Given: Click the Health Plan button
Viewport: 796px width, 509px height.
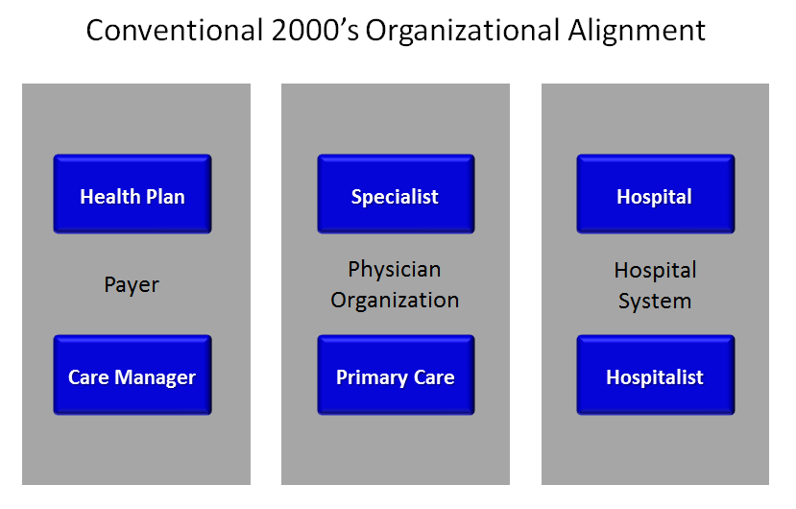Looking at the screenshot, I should pos(133,195).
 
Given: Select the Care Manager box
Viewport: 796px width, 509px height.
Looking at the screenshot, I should pos(133,376).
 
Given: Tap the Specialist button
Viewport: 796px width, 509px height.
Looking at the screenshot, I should pos(395,195).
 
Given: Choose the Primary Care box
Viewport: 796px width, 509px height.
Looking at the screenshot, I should pos(395,376).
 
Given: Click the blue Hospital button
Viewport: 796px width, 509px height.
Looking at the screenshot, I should pos(655,195).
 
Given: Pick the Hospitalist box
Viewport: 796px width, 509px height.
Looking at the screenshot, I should pos(655,376).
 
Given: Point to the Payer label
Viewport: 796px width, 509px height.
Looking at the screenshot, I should pos(132,284).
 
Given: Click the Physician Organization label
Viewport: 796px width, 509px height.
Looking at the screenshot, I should pos(395,284).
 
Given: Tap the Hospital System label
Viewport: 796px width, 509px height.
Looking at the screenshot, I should pos(655,285).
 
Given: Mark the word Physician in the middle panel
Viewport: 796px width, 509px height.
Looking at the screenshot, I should pos(395,269).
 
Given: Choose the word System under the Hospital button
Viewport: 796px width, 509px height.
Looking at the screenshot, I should pos(655,301).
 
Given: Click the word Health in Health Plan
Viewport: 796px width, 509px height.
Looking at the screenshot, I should pos(109,196).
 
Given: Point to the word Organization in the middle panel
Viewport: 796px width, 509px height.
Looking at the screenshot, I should pos(395,300).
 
